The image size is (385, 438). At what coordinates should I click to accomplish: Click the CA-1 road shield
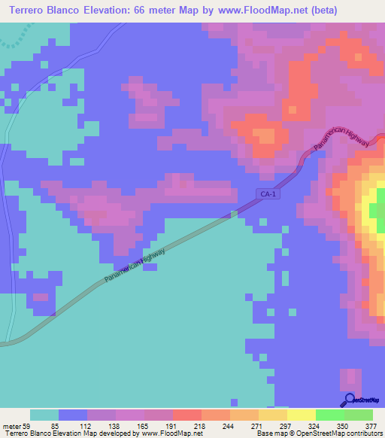click(x=268, y=193)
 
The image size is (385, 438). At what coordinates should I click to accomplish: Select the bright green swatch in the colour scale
click(x=329, y=415)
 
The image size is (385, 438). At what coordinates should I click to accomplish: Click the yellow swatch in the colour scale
click(x=301, y=415)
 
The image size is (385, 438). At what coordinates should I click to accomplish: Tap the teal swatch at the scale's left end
click(x=44, y=415)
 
